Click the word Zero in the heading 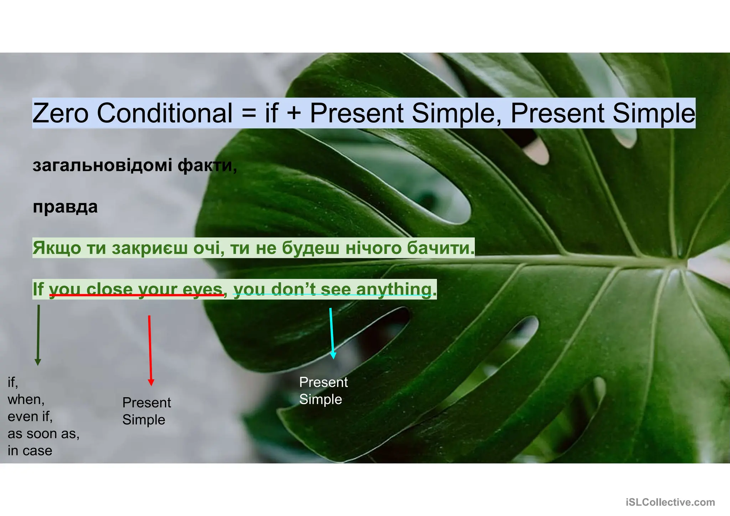click(x=60, y=113)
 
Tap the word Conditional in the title click(x=165, y=113)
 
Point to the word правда click(x=65, y=207)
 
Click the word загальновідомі click(x=103, y=165)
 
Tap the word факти click(x=207, y=165)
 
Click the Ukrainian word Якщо click(x=57, y=248)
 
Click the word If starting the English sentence click(x=38, y=289)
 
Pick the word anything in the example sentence click(x=394, y=289)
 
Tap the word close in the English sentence click(x=109, y=289)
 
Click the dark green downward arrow click(x=38, y=335)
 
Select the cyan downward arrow click(x=332, y=333)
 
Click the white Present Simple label click(x=323, y=391)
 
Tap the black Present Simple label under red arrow click(x=146, y=411)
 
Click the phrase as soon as click(x=43, y=434)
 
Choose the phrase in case click(x=30, y=451)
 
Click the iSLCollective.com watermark click(x=670, y=502)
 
